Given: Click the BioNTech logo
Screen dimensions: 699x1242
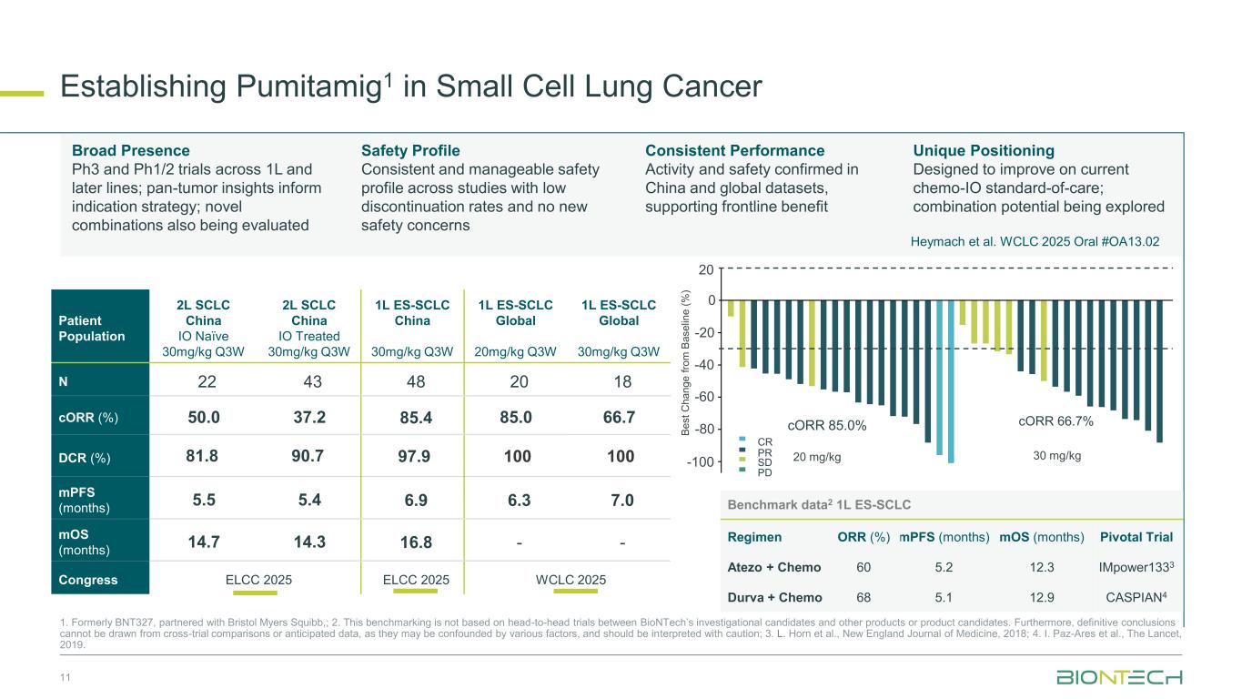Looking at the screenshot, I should tap(1119, 678).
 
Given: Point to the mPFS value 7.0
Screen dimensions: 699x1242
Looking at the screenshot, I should tap(621, 500).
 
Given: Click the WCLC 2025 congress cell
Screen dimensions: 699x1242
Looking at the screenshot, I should tap(570, 580).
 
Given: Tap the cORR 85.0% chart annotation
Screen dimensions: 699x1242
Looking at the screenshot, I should tap(827, 424).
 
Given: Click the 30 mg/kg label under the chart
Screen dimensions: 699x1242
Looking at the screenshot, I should tap(1057, 456).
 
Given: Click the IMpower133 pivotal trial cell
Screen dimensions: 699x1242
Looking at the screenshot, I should tap(1135, 567).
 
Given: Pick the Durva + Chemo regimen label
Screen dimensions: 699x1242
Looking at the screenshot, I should tap(774, 597).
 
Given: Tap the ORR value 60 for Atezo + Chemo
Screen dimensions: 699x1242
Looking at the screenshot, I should tap(863, 567).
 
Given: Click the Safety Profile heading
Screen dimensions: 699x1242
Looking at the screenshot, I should tap(410, 150).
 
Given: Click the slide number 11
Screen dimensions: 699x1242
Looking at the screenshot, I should tap(64, 677).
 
